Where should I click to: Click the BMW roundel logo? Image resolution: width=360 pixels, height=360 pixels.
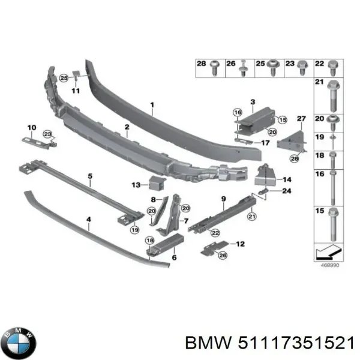[19, 343]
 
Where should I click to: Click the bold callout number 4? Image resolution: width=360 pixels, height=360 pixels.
[89, 220]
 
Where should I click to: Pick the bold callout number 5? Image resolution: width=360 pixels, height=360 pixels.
[90, 176]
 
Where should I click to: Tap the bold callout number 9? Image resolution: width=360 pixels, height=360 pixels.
[223, 199]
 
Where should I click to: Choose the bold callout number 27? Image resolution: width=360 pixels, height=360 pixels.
[301, 118]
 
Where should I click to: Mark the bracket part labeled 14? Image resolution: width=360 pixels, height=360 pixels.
[265, 175]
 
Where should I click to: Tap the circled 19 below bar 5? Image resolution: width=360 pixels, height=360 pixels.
[136, 229]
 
